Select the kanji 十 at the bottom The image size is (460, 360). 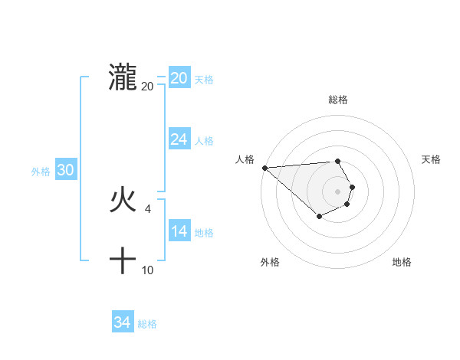click(x=123, y=261)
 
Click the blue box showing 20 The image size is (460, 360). click(x=179, y=78)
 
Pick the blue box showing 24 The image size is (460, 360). click(x=179, y=139)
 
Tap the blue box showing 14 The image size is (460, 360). click(x=179, y=231)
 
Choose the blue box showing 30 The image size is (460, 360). click(x=65, y=170)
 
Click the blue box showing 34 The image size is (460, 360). click(x=123, y=322)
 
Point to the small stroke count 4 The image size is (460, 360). click(x=148, y=209)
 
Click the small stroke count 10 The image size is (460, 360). click(x=148, y=270)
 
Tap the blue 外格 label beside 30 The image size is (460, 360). click(x=41, y=172)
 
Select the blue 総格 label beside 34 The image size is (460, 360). click(x=147, y=324)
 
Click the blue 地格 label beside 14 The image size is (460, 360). click(x=204, y=233)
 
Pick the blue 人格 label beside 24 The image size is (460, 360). click(x=204, y=141)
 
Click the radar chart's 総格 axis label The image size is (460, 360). click(x=338, y=100)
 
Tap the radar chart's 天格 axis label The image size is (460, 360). click(x=432, y=159)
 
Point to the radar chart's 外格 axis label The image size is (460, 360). click(x=270, y=262)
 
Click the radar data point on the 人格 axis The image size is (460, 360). click(x=264, y=167)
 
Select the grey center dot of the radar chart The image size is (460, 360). click(x=338, y=191)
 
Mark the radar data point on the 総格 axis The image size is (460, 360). click(x=338, y=161)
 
